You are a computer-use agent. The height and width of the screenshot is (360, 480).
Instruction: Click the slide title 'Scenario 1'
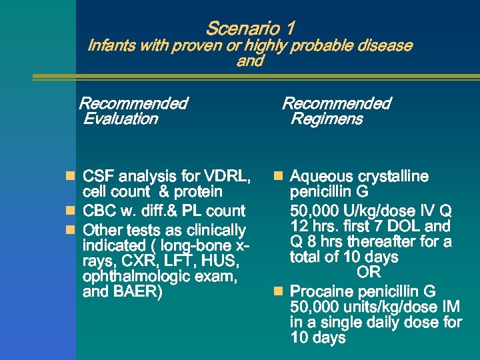pos(250,29)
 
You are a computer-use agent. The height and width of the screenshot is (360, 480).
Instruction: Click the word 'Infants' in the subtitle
pos(110,46)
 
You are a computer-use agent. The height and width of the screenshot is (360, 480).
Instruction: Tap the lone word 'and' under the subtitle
pos(250,61)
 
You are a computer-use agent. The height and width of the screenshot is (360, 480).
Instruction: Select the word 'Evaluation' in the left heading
pos(121,119)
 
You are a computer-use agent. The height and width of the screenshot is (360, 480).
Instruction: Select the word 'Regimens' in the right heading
pos(327,119)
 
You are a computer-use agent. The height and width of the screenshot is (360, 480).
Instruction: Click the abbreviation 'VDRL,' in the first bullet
pos(227,177)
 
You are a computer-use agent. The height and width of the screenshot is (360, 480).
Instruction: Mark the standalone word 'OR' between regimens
pos(369,273)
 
